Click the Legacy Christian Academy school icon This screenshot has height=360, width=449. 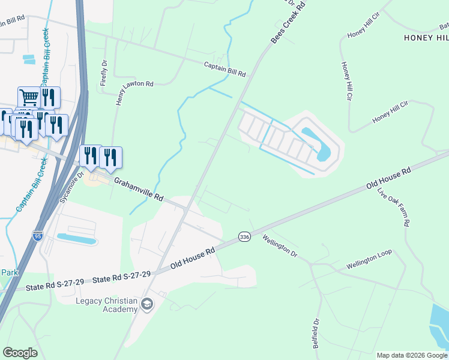pos(146,305)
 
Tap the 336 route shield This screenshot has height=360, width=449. pos(244,237)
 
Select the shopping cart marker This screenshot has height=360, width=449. pos(29,97)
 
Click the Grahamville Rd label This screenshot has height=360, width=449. pos(139,188)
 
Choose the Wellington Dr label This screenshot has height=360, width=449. pos(280,245)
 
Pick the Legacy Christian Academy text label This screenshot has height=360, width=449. pos(107,305)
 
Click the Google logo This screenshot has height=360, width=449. pos(20,353)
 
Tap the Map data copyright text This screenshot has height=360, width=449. pos(412,355)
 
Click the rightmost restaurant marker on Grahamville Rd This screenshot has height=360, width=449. pos(110,157)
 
